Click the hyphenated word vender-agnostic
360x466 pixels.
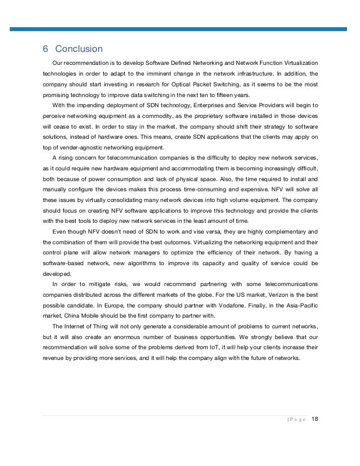point(84,147)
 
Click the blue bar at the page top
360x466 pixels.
point(180,28)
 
